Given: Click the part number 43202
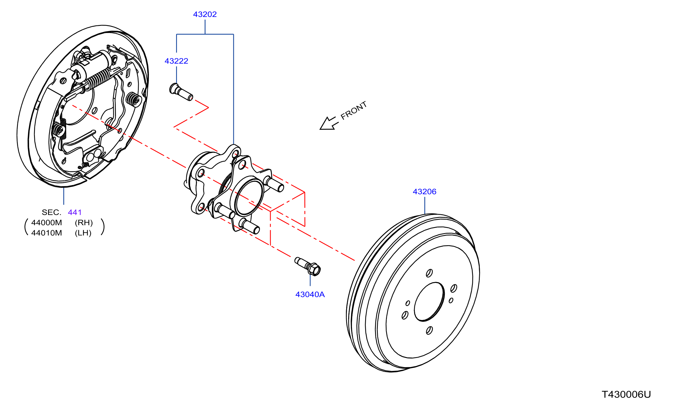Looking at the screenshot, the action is point(205,14).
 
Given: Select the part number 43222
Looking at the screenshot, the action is point(176,61).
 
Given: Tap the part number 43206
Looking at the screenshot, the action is point(424,192).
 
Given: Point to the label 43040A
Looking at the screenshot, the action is point(310,294).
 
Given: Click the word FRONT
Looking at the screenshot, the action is point(354,110).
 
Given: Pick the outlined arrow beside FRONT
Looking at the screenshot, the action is point(329,123).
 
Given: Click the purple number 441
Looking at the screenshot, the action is point(75,212).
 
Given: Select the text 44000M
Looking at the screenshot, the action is point(47,223).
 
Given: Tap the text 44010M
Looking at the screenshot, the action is point(47,233).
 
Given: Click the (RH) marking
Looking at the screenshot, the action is point(84,223).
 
